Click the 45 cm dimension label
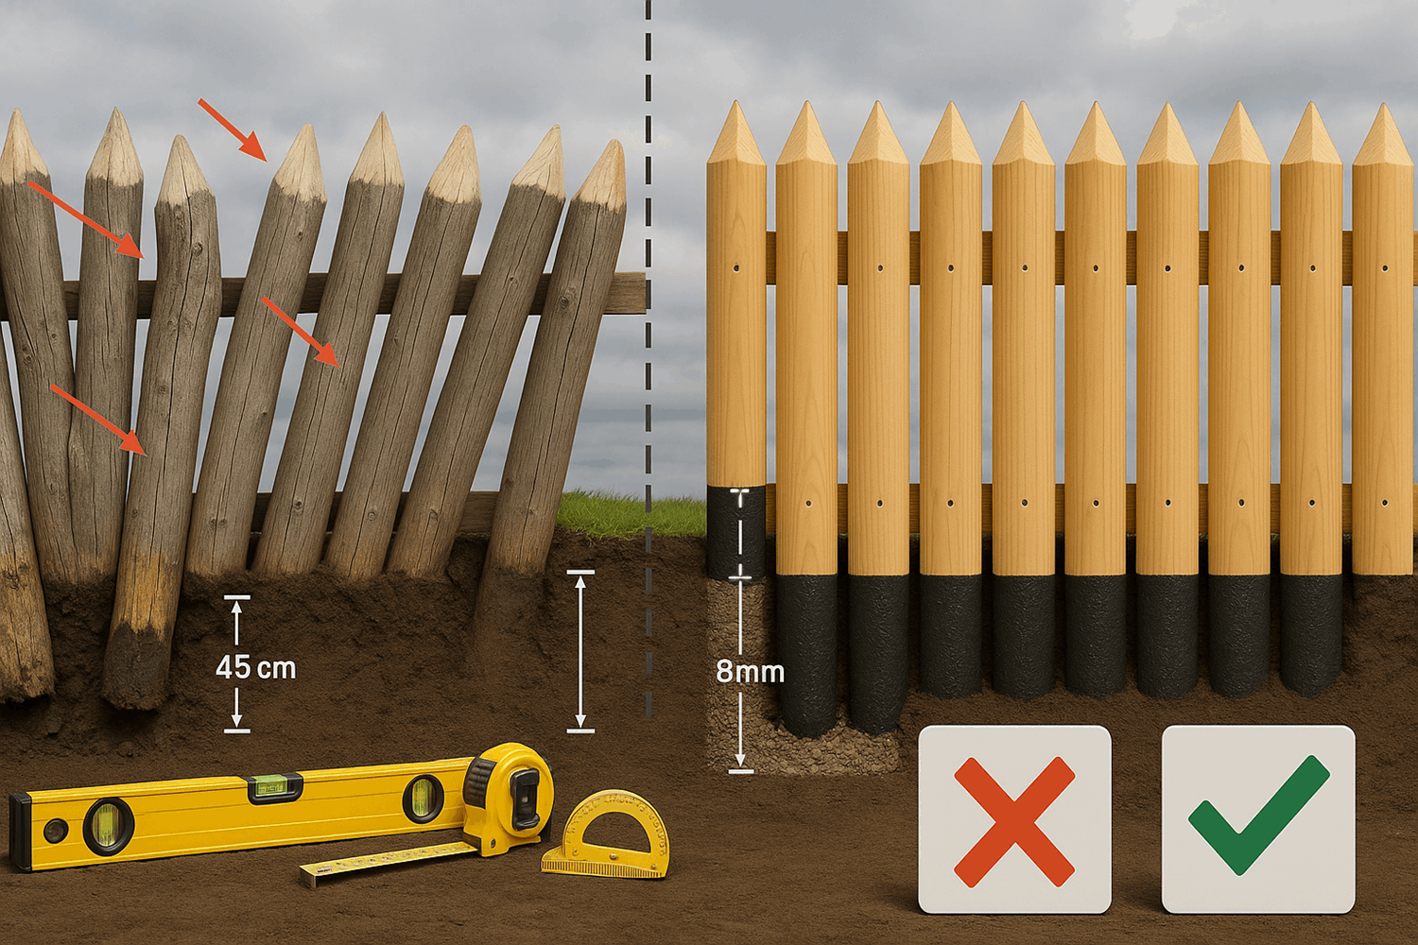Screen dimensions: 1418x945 (x=255, y=668)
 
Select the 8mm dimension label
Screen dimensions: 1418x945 (x=751, y=672)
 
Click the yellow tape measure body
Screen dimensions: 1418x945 (x=509, y=796)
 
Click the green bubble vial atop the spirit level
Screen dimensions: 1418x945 (x=275, y=789)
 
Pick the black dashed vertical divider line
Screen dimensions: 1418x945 (x=648, y=358)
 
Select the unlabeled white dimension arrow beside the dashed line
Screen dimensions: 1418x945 (x=579, y=651)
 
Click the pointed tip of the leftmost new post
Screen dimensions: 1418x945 (x=735, y=101)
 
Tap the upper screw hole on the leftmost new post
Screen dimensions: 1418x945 (x=736, y=268)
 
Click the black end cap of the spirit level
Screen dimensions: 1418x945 (x=20, y=831)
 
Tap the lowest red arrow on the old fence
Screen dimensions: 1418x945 (x=99, y=420)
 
